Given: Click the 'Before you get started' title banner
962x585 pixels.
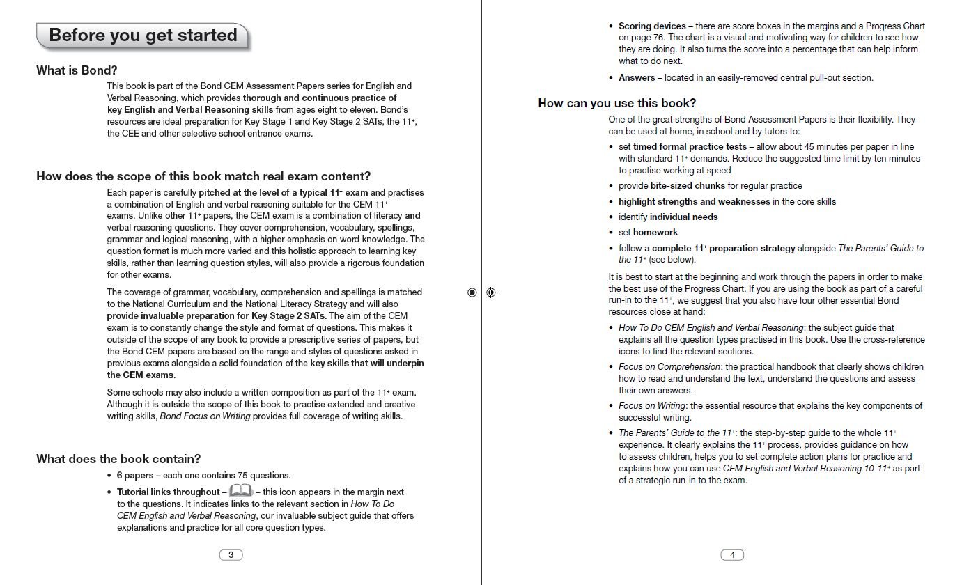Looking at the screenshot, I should coord(143,36).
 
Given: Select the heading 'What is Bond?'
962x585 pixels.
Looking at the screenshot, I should coord(77,70).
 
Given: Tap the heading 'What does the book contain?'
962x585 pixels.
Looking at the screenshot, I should coord(118,459).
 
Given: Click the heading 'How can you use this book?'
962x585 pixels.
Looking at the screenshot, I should coord(617,104).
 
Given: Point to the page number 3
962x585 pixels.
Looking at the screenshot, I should coord(231,555).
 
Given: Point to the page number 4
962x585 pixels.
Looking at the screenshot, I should coord(732,555).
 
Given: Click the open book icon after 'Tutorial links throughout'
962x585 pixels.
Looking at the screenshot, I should coord(240,492).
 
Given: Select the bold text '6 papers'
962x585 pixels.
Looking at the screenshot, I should coord(134,476).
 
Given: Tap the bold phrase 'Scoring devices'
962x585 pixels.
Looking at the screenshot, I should coord(652,26).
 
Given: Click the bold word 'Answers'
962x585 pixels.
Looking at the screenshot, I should coord(637,78).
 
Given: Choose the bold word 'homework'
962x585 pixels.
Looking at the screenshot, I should coord(655,233).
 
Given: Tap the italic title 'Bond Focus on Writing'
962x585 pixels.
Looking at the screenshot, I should coord(205,416).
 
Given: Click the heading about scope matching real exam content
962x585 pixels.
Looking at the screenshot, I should coord(203,176).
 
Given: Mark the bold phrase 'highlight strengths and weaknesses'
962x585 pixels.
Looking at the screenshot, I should coord(695,202).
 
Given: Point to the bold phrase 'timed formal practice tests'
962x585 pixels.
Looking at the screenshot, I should coord(690,147).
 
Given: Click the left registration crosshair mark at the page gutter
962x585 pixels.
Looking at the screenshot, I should coord(472,292).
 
